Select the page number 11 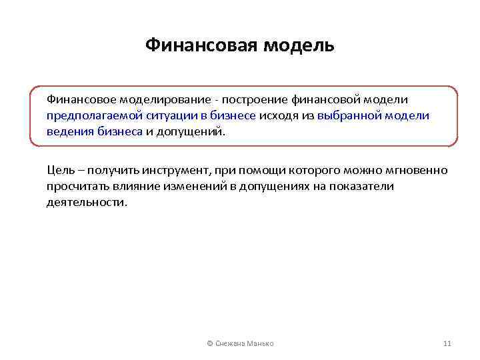tap(447, 343)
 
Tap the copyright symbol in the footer tap(210, 343)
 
